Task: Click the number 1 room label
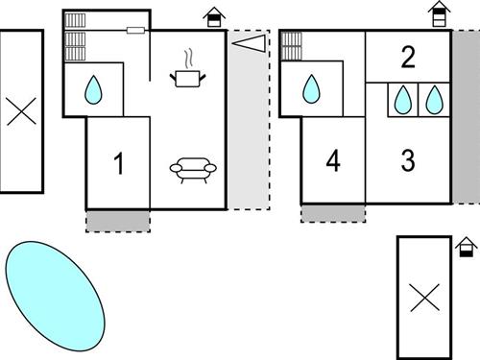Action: tap(119, 163)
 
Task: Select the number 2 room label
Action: tap(408, 57)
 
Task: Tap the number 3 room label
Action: tap(408, 160)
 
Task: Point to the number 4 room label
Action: tap(333, 161)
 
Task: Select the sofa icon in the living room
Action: tap(193, 170)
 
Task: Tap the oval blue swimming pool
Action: tap(56, 296)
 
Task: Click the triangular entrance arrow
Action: tap(249, 43)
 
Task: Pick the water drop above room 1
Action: tap(93, 89)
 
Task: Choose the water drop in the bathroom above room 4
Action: tap(311, 89)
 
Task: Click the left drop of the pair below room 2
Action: tap(403, 99)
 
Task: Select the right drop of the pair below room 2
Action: tap(434, 99)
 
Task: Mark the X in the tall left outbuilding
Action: tap(21, 111)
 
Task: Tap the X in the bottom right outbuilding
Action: tap(425, 298)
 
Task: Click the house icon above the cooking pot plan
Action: tap(214, 17)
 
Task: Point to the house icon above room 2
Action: tap(440, 13)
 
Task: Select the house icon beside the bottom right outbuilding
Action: tap(467, 247)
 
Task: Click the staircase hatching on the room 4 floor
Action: tap(292, 46)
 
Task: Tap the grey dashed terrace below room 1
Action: tap(118, 221)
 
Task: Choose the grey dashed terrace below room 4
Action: tap(333, 213)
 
